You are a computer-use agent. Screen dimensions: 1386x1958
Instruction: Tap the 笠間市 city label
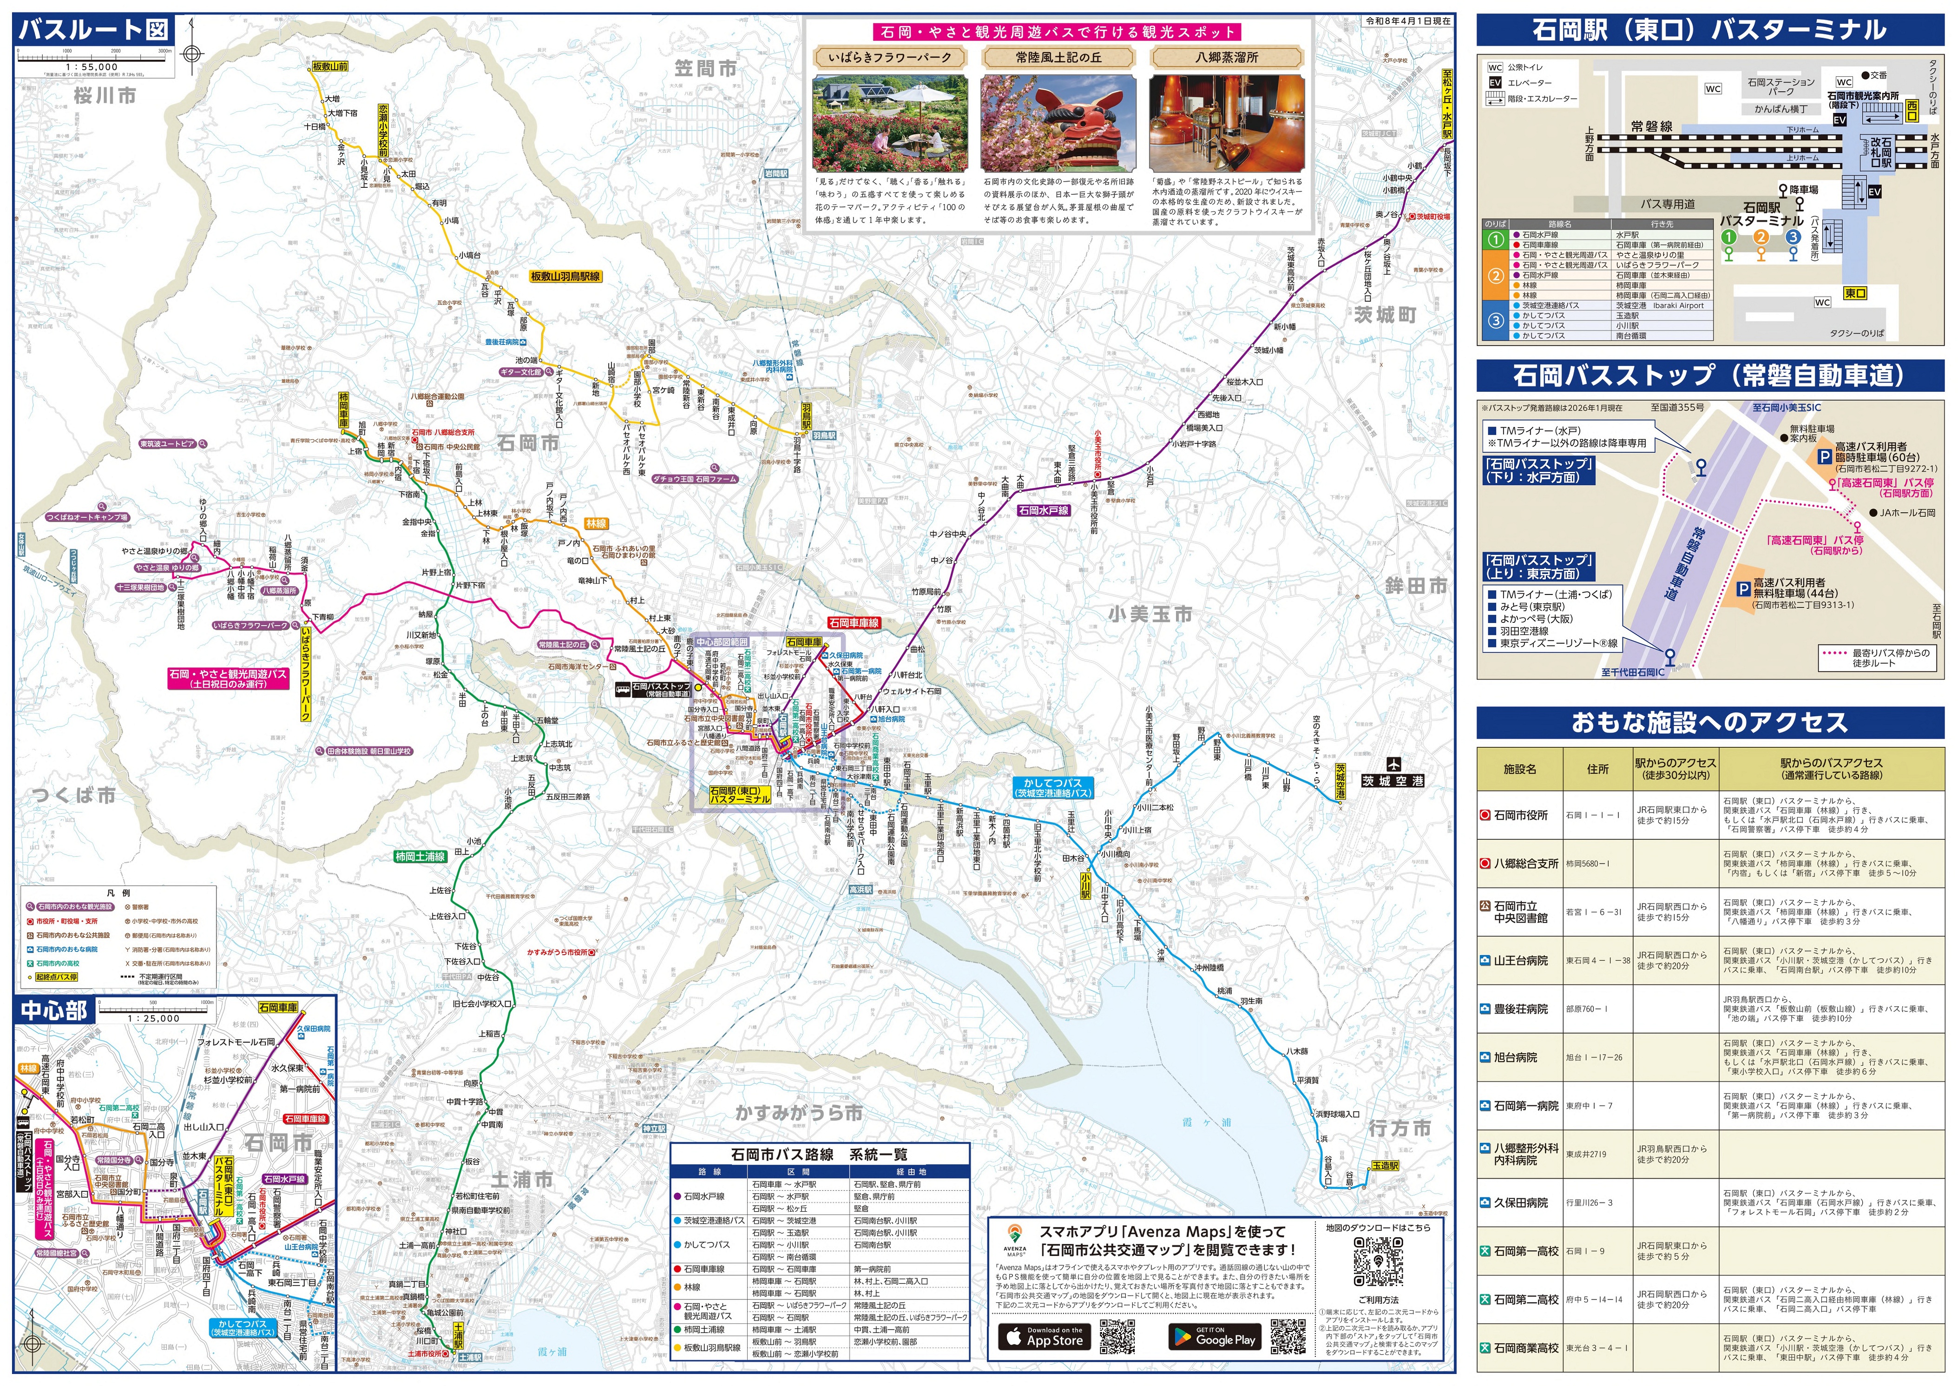705,68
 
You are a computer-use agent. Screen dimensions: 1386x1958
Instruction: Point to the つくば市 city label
73,795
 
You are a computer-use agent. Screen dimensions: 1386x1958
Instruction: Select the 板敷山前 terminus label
329,66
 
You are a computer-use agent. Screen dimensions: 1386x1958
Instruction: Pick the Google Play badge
1215,1337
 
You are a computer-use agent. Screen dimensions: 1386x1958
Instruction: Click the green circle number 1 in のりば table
1495,240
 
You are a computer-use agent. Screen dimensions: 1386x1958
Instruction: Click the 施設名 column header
1519,769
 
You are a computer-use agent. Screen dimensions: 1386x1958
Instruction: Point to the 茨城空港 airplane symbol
1393,765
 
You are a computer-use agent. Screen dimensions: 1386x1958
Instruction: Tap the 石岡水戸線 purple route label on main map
1043,510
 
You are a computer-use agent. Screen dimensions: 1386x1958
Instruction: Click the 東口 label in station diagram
1855,293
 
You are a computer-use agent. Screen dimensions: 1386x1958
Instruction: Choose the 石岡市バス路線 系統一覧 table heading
819,1155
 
